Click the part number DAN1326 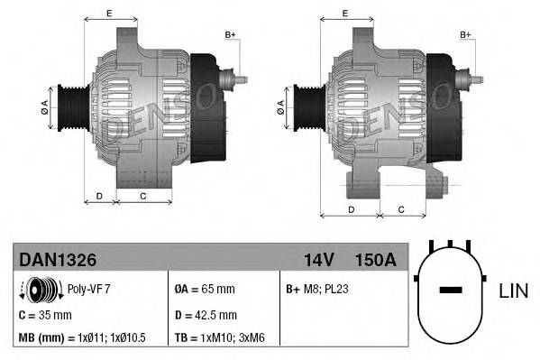[58, 259]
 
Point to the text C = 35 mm [45, 315]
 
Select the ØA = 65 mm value [205, 290]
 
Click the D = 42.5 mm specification [206, 315]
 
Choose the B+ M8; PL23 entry [316, 290]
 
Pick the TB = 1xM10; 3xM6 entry [226, 338]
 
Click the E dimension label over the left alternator [109, 13]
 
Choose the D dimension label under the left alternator [99, 195]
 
